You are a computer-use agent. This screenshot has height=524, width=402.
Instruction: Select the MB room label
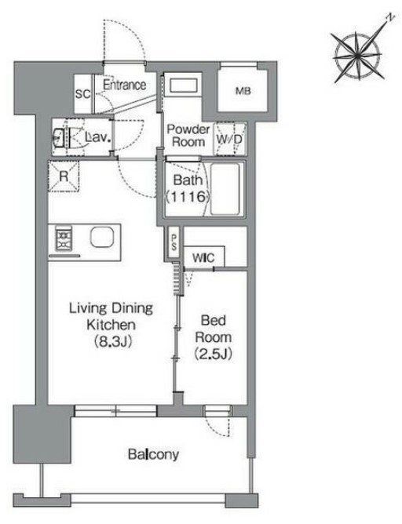pos(243,90)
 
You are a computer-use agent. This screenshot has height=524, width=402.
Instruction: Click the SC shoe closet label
pos(82,94)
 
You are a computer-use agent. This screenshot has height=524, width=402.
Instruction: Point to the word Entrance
pos(124,85)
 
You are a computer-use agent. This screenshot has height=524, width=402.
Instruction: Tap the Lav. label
pos(97,136)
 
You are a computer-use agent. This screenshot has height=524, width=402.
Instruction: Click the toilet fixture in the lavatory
pos(60,136)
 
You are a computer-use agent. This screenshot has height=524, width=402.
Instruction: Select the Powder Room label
pos(188,136)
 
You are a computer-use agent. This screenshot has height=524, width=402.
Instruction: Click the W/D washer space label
pos(229,139)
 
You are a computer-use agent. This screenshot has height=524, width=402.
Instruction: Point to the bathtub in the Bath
pos(225,189)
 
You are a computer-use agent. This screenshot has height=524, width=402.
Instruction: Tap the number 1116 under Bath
pos(188,196)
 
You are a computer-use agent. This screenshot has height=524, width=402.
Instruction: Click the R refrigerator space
pos(64,176)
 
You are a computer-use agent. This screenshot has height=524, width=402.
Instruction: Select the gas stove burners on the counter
pos(64,238)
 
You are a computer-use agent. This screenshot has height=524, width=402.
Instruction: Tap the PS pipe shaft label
pos(174,242)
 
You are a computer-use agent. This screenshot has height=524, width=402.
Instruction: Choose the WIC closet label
pos(203,258)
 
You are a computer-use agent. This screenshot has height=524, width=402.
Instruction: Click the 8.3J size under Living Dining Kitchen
pos(111,341)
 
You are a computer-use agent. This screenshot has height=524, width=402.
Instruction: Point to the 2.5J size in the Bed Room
pos(213,354)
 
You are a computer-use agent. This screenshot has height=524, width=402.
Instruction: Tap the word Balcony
pos(154,454)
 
